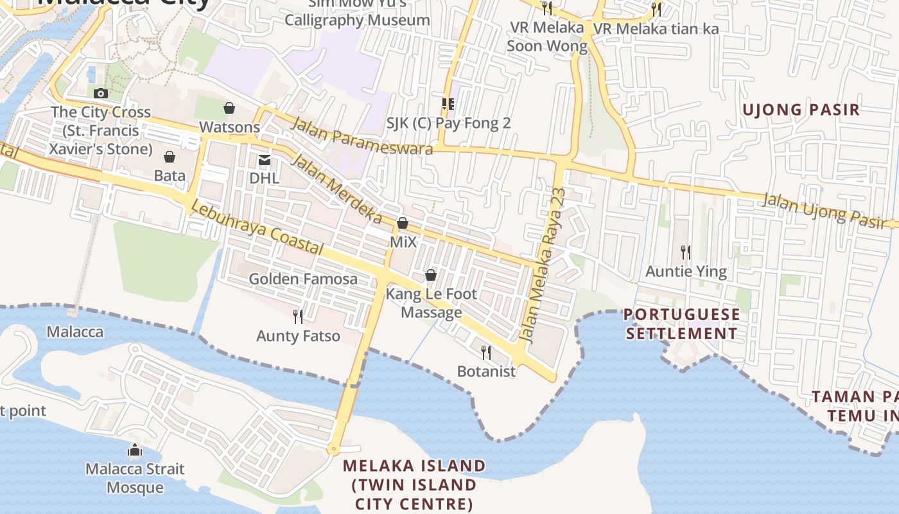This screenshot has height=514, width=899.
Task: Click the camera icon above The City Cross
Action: [100, 94]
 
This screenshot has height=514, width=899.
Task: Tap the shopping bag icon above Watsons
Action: [229, 108]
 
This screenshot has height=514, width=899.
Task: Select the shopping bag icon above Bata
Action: [170, 157]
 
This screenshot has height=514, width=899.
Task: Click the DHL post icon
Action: [264, 160]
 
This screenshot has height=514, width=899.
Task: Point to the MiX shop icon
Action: [403, 224]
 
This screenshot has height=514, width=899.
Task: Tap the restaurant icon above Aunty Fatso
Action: [298, 316]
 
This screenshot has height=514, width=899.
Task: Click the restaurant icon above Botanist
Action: [486, 352]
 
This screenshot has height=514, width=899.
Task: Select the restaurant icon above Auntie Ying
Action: [686, 252]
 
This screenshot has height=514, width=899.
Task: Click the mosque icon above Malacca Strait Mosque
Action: [135, 450]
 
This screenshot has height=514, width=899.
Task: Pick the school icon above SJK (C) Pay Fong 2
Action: [448, 104]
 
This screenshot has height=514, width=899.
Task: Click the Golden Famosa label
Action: [303, 279]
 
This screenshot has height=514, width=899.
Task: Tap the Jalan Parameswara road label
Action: [362, 136]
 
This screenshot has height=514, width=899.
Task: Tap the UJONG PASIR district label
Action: [801, 110]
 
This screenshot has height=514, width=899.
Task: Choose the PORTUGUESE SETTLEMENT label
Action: [681, 324]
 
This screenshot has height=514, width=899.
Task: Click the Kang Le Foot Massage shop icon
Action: [431, 275]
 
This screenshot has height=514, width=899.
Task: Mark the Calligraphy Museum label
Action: [357, 19]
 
